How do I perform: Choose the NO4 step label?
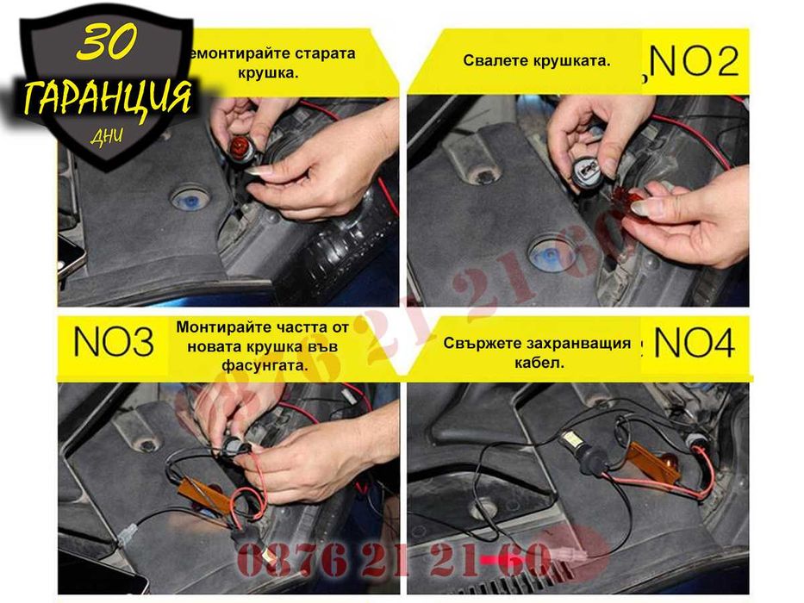(695, 343)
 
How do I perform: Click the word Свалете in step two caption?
(495, 61)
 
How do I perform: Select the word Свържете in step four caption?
(477, 342)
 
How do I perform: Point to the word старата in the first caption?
(324, 53)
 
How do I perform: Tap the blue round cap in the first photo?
(189, 199)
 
